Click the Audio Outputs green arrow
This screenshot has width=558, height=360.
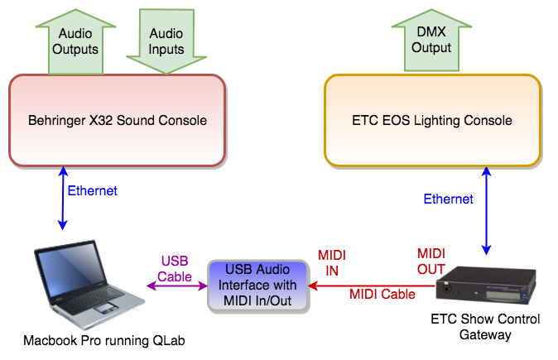[x=75, y=42]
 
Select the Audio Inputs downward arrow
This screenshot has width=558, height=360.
[x=166, y=41]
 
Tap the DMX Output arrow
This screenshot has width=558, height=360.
[x=431, y=41]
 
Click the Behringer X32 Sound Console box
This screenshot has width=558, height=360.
[x=118, y=121]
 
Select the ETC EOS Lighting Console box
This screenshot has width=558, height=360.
[x=433, y=121]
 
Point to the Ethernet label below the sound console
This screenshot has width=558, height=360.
[x=92, y=190]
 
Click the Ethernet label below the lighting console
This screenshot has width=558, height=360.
[x=449, y=199]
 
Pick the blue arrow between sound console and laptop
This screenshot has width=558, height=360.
[x=63, y=198]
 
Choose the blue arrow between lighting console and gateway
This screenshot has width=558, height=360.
[x=487, y=210]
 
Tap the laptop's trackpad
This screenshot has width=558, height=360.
[x=106, y=309]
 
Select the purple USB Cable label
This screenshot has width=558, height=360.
[x=175, y=269]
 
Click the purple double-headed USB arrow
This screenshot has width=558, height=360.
[x=177, y=286]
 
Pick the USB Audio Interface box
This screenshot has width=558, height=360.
[x=258, y=286]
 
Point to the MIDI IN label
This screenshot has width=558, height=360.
[x=332, y=263]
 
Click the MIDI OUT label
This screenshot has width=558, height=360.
[x=431, y=262]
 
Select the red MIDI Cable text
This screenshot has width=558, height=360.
[x=382, y=294]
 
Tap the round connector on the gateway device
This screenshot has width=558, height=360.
[x=445, y=287]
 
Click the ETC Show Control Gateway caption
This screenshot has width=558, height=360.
[x=485, y=327]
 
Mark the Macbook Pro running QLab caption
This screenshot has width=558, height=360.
[x=104, y=340]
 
